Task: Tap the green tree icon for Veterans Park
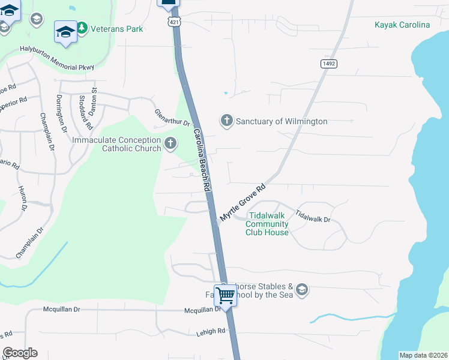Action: coord(82,28)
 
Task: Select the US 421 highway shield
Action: coord(172,22)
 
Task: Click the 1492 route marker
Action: coord(328,63)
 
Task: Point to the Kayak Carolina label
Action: coord(402,25)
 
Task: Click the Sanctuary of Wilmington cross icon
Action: coord(226,121)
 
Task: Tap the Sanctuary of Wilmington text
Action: coord(281,121)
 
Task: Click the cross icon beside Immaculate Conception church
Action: coord(170,144)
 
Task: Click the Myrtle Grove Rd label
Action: coord(242,203)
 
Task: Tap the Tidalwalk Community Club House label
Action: coord(268,224)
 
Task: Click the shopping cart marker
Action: coord(225,295)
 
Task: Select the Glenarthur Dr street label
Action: coord(172,118)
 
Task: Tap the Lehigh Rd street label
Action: coord(209,331)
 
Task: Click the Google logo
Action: coord(20,353)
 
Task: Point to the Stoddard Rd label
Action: coord(85,112)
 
